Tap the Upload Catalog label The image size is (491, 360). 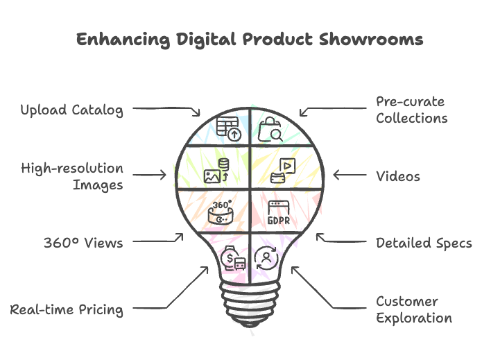(71, 110)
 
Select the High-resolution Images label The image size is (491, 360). (72, 176)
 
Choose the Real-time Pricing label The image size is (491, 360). (67, 309)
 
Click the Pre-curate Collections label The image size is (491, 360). (411, 110)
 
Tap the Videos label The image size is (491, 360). (398, 176)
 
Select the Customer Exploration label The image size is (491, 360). (414, 309)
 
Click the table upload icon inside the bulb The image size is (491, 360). (227, 128)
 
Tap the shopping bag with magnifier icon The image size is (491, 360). (270, 129)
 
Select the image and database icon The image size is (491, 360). (216, 171)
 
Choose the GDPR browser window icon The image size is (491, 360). (278, 212)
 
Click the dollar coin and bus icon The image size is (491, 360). (232, 259)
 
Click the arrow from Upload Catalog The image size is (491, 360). (166, 109)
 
